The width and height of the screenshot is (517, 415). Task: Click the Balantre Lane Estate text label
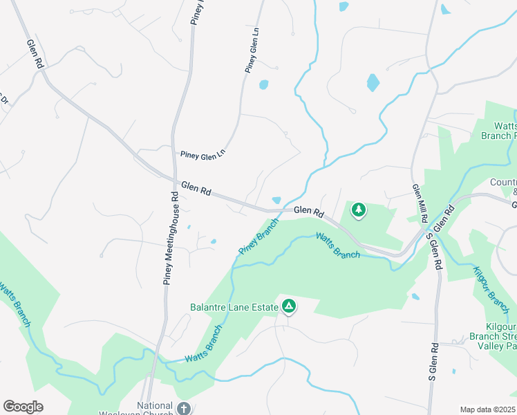[x=234, y=306]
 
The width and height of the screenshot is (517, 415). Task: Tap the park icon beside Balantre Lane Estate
[x=289, y=306]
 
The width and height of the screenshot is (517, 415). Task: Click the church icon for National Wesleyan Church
[x=183, y=408]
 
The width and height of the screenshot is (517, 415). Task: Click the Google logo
[x=23, y=407]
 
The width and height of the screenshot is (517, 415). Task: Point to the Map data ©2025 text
[x=487, y=409]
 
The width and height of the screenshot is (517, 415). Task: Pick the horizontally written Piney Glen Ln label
[x=203, y=155]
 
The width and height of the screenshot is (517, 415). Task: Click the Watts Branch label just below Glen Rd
[x=338, y=246]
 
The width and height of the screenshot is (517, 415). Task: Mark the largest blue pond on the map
[x=373, y=83]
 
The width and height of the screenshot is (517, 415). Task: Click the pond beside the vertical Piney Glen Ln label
[x=263, y=86]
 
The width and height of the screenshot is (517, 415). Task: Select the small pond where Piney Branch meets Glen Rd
[x=276, y=201]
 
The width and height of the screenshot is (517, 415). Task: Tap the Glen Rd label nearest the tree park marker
[x=308, y=210]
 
